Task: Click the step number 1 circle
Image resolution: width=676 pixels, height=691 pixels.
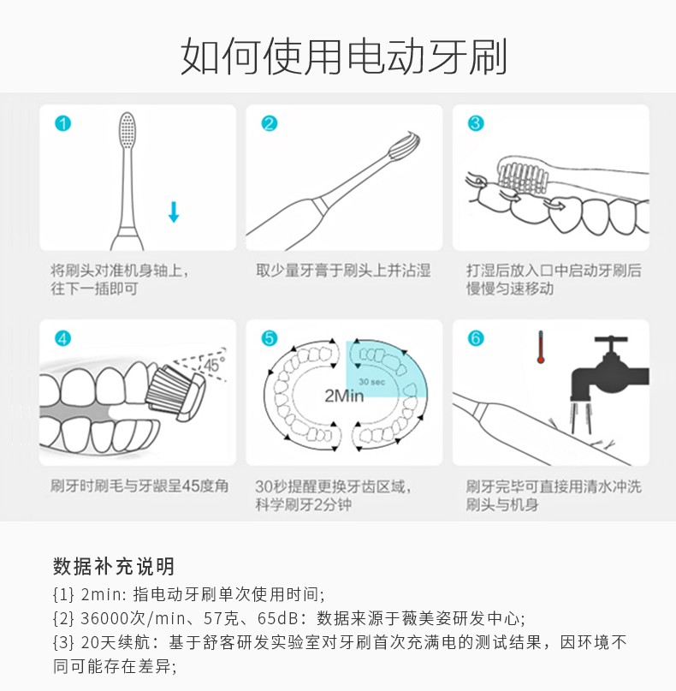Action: pos(63,123)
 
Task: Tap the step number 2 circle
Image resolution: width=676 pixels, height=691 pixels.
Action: pos(270,123)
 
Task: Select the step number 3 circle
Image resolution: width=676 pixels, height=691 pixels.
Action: pos(476,123)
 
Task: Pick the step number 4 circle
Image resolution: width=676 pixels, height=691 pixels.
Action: pos(63,338)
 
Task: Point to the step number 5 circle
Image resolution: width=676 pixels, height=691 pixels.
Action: pos(270,338)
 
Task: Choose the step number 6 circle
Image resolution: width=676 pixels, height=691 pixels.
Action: pos(476,338)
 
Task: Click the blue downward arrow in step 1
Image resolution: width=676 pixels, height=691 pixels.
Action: pos(174,212)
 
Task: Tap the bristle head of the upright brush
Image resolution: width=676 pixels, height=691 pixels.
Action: pos(127,130)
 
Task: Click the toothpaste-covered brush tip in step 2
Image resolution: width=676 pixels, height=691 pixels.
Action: pos(404,144)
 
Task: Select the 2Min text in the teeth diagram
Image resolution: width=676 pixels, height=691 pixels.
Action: pos(344,396)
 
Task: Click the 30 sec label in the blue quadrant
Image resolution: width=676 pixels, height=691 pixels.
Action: pos(371,382)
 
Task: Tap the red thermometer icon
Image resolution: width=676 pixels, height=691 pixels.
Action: pos(541,348)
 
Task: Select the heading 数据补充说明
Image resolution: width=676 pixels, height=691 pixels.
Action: pos(114,566)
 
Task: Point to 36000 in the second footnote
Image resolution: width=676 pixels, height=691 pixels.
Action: pos(105,619)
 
